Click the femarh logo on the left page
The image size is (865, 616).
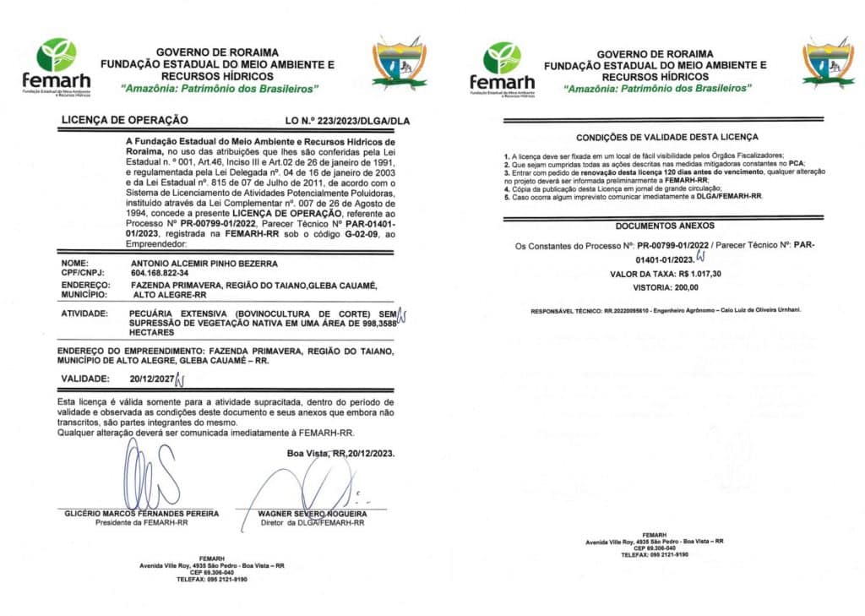click(x=56, y=64)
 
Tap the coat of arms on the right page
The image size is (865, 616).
click(x=828, y=61)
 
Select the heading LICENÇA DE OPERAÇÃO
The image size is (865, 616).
click(x=124, y=121)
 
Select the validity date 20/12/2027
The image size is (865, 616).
click(x=150, y=379)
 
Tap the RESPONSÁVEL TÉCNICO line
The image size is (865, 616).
click(x=666, y=311)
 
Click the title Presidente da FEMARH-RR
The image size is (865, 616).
click(x=142, y=523)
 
